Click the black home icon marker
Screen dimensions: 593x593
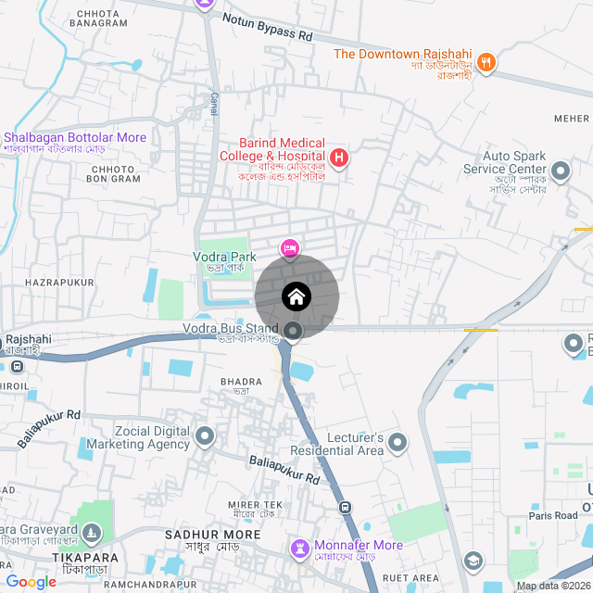[x=296, y=296]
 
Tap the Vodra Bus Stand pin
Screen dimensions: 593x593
[x=293, y=331]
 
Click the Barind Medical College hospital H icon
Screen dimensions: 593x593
[x=339, y=158]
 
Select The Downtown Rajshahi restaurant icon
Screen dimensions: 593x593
[x=487, y=63]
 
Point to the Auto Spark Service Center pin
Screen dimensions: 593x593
[x=560, y=170]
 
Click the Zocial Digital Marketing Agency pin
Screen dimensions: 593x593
[x=206, y=435]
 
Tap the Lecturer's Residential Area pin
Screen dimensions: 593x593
[x=398, y=443]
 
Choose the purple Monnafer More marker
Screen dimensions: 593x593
[x=300, y=548]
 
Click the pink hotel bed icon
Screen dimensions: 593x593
[x=290, y=247]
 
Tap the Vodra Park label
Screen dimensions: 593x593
[x=223, y=256]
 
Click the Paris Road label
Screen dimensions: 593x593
[x=553, y=515]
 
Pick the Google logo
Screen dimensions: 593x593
[x=31, y=582]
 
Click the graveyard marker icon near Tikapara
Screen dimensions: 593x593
[x=91, y=533]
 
